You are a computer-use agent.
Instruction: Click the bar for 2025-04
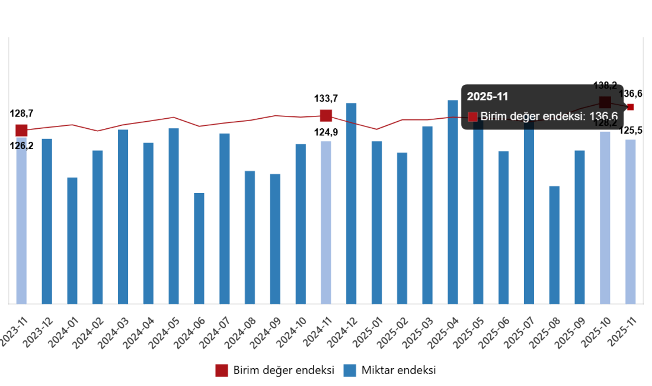453,202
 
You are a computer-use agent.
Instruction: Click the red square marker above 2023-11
21,130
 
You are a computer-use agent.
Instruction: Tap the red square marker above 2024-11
326,115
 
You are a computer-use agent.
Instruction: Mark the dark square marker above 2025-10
605,102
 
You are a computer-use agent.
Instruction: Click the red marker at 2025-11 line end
631,107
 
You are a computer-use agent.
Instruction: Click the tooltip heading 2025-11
487,97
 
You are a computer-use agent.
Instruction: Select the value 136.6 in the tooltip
603,116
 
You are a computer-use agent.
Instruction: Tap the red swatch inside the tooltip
472,116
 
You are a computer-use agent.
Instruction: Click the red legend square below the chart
222,371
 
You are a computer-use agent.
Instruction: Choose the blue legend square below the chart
350,371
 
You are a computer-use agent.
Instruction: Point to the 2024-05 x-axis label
163,333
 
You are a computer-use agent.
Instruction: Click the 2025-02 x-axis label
392,333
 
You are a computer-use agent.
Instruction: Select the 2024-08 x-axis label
239,333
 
